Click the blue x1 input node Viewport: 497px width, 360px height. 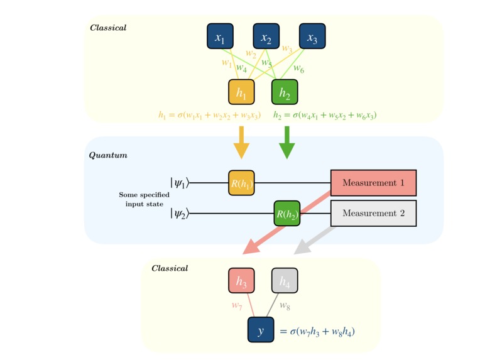[x=220, y=36]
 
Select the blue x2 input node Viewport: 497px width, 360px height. [x=266, y=36]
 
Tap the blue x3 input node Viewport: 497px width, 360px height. [x=312, y=36]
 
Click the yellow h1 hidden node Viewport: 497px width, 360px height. [x=241, y=92]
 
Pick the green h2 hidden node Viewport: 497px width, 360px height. [x=285, y=92]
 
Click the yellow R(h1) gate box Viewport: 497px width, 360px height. [x=241, y=183]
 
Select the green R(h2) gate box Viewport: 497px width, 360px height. [x=287, y=214]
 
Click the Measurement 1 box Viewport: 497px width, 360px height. [x=373, y=183]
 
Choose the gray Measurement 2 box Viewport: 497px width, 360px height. [x=373, y=214]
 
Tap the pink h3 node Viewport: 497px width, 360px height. [x=241, y=281]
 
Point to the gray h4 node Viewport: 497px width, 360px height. [x=285, y=281]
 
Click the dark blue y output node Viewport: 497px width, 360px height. [x=261, y=330]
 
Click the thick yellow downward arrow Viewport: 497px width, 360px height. [x=241, y=143]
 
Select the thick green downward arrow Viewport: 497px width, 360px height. [x=287, y=143]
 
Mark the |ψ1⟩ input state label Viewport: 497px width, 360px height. [x=179, y=183]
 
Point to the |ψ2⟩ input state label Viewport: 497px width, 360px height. [x=179, y=214]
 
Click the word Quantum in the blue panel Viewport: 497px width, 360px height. [x=108, y=155]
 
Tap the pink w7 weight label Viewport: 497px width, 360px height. [x=237, y=306]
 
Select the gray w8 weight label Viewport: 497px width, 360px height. [x=285, y=306]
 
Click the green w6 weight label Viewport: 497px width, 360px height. [x=298, y=68]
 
